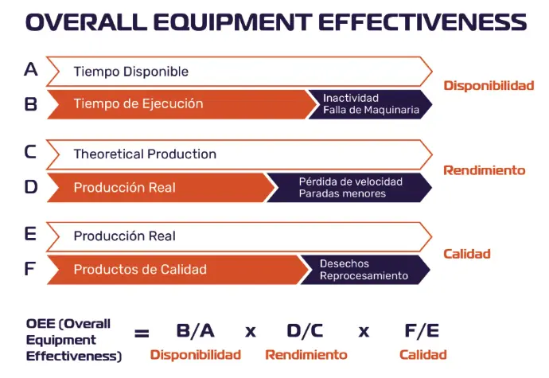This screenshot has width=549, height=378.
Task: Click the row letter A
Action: [31, 69]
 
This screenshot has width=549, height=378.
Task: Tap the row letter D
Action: [31, 187]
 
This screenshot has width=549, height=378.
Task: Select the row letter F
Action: [29, 269]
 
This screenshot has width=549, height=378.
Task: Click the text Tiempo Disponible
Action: [131, 72]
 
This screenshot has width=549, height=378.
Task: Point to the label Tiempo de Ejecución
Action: [138, 103]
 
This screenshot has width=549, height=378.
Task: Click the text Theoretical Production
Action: [145, 154]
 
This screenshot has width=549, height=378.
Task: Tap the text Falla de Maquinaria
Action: [371, 110]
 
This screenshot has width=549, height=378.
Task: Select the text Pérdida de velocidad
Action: [350, 181]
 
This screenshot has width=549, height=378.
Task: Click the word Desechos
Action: [345, 263]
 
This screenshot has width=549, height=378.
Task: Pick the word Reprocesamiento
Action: [364, 275]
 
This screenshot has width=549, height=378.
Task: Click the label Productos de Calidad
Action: [140, 270]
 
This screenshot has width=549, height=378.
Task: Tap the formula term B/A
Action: [196, 331]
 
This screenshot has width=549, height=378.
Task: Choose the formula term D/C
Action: [305, 331]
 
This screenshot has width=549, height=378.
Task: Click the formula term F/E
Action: [422, 331]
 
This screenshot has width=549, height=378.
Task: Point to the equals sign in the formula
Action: [142, 333]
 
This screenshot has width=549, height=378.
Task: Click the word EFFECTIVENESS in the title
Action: [422, 21]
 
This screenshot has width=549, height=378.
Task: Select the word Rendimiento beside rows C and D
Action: [485, 170]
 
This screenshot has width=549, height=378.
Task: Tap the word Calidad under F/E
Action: [423, 355]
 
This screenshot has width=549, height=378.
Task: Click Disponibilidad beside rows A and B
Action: [489, 85]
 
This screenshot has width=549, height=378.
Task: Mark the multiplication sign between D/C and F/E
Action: [364, 331]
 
